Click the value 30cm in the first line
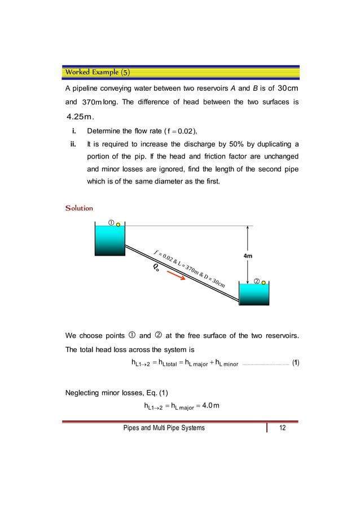tap(288, 89)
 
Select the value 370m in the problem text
tap(92, 103)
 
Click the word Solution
tap(79, 208)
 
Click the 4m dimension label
tap(247, 256)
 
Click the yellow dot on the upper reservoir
tap(118, 224)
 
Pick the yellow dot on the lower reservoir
tap(264, 282)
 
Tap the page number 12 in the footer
tap(282, 428)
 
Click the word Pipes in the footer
tap(132, 428)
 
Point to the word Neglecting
tap(86, 392)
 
